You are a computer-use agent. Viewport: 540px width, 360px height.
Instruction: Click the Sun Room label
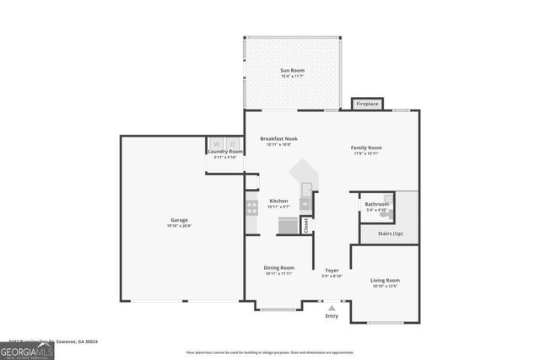click(292, 70)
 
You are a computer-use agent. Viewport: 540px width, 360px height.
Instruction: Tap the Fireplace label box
click(367, 104)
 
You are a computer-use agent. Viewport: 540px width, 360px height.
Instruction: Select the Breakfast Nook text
click(278, 138)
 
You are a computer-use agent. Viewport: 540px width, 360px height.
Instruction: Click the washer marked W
click(216, 143)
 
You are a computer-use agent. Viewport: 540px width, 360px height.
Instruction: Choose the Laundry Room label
click(225, 152)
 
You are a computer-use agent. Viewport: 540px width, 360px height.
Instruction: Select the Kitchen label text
click(278, 201)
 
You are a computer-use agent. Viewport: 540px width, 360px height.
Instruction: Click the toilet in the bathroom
click(385, 213)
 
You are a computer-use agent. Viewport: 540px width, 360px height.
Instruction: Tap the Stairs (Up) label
click(389, 233)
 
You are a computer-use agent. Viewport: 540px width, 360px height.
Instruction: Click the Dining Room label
click(278, 267)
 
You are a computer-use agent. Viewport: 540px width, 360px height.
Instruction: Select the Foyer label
click(332, 271)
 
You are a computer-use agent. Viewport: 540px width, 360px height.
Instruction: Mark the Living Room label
click(385, 280)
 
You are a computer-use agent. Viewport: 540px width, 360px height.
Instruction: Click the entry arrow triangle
click(332, 309)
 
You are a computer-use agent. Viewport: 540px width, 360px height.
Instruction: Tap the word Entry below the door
click(332, 316)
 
